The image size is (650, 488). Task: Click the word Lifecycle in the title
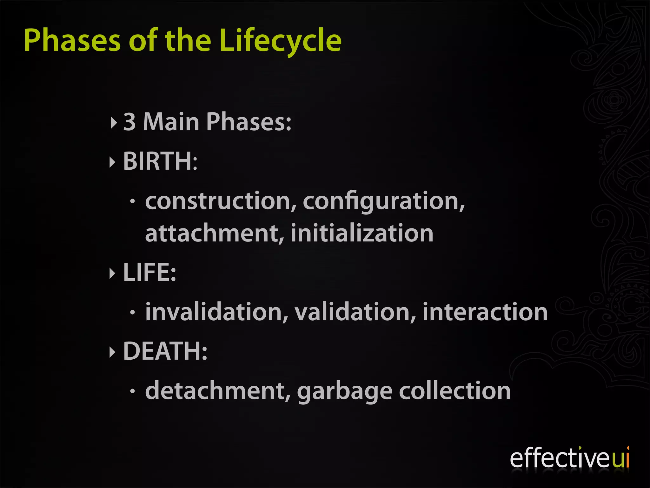[280, 40]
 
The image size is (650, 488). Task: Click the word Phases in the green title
[72, 40]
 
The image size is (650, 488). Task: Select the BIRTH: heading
[160, 161]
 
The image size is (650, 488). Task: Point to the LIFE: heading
[149, 272]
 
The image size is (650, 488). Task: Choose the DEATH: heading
[165, 351]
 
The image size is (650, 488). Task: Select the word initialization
[362, 233]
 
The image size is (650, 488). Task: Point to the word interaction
[485, 312]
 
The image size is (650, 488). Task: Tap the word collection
[454, 391]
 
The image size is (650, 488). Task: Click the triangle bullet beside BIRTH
[112, 162]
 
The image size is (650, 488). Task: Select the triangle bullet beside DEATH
[112, 352]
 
